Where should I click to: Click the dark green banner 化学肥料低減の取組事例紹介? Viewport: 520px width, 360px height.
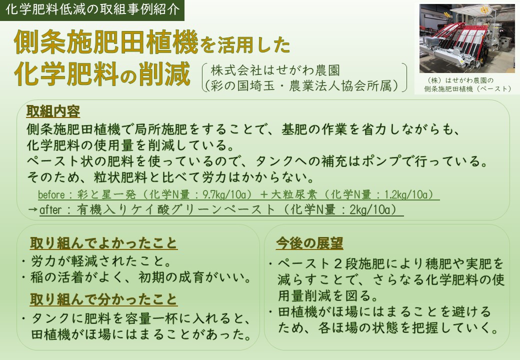coord(92,10)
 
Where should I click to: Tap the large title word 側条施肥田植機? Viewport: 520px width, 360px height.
coord(106,42)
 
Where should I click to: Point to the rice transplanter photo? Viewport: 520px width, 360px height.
coord(467,38)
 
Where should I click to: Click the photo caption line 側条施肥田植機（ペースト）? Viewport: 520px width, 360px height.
coord(467,89)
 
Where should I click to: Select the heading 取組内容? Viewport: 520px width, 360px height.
coord(53,111)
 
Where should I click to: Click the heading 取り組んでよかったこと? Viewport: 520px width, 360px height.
coord(104,243)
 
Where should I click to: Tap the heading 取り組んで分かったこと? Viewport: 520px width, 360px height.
coord(104,299)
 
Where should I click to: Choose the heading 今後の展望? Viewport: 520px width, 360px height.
coord(309,243)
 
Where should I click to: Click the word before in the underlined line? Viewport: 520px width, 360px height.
coord(51,194)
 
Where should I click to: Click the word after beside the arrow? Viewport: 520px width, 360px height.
coord(50,210)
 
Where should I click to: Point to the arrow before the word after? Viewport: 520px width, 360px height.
coord(32,210)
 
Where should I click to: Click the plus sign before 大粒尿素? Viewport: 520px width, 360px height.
coord(264,194)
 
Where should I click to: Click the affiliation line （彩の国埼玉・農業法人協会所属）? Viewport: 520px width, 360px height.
coord(302,86)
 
